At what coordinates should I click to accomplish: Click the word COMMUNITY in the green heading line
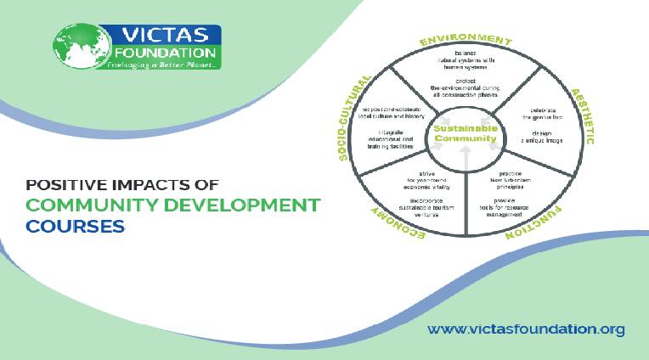coord(93,205)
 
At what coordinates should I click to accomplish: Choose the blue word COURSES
coord(75,227)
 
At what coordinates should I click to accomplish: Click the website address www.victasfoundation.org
coord(526,329)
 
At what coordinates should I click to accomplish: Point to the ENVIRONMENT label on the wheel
coord(466,40)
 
